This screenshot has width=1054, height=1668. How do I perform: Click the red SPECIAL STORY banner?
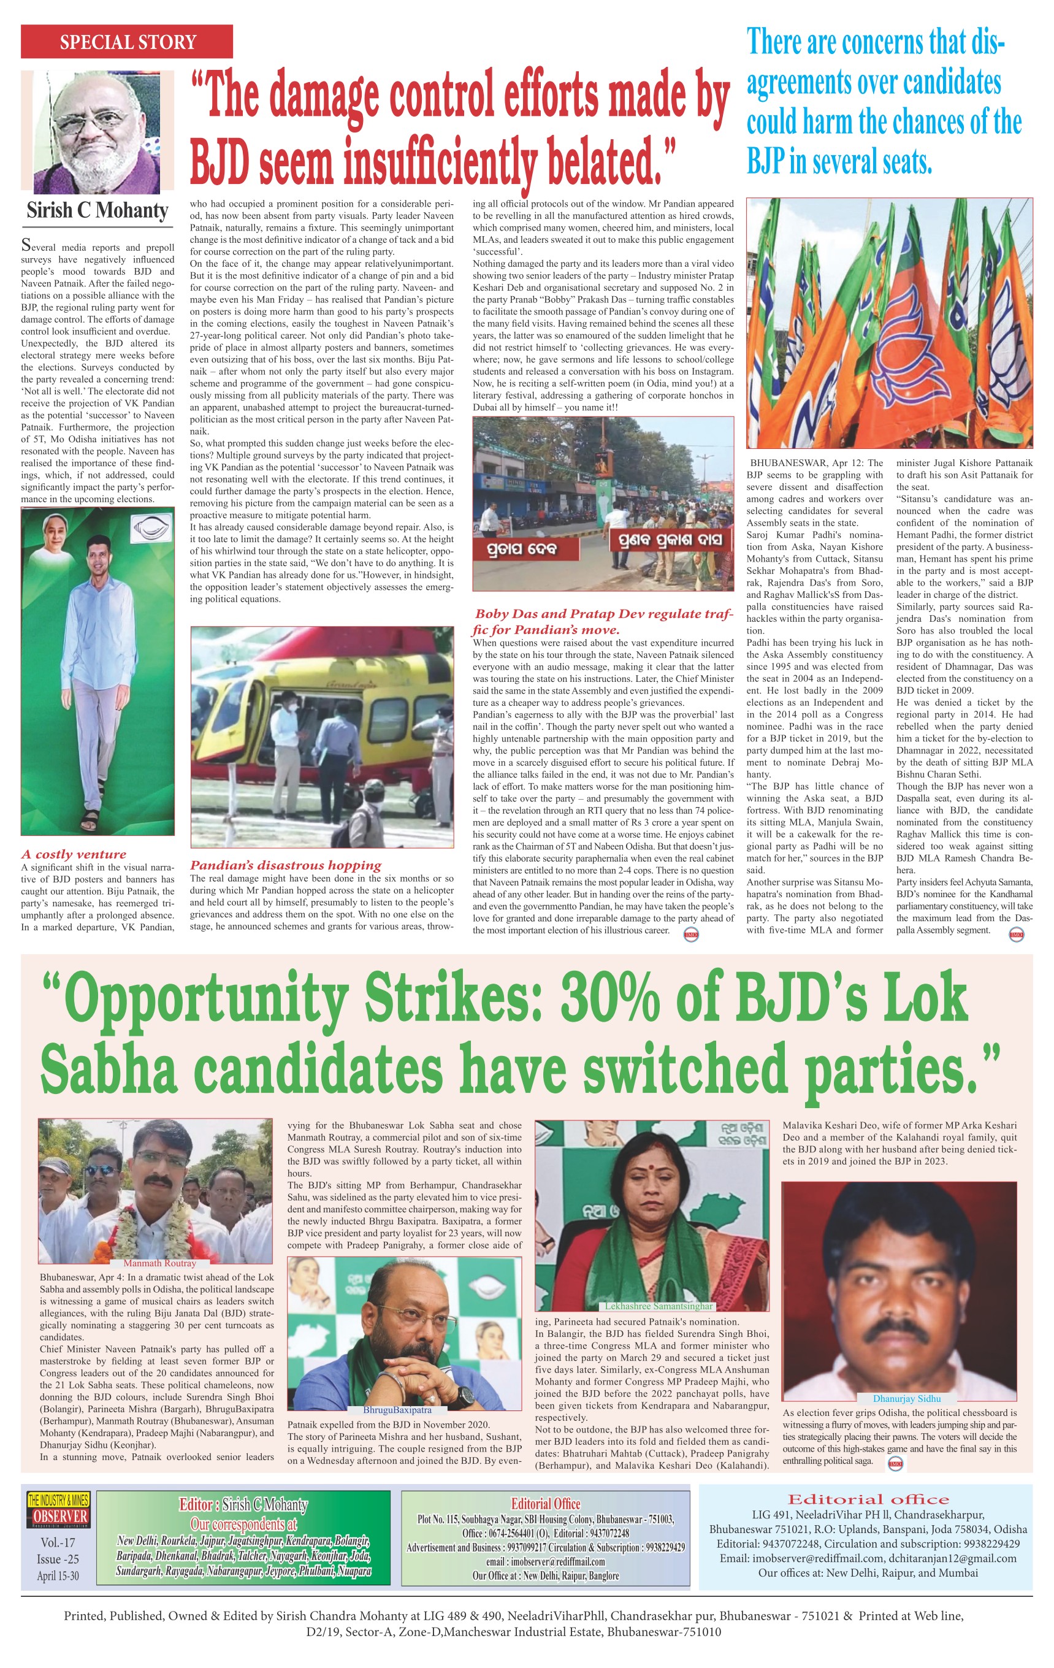pyautogui.click(x=127, y=42)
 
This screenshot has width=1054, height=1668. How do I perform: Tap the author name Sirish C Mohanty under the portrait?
pyautogui.click(x=97, y=210)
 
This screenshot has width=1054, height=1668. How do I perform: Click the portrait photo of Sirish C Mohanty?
pyautogui.click(x=97, y=132)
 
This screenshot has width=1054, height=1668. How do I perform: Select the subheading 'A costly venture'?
pyautogui.click(x=74, y=854)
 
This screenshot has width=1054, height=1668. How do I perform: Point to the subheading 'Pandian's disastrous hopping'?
pyautogui.click(x=285, y=865)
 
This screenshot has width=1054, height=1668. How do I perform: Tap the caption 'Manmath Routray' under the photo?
pyautogui.click(x=160, y=1263)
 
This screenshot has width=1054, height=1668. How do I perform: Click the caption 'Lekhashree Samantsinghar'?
pyautogui.click(x=659, y=1306)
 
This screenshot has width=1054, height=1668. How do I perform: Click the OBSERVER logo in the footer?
pyautogui.click(x=58, y=1517)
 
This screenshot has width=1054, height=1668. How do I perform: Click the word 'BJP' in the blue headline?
pyautogui.click(x=765, y=161)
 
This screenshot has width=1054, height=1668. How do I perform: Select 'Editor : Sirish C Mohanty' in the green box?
pyautogui.click(x=242, y=1504)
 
